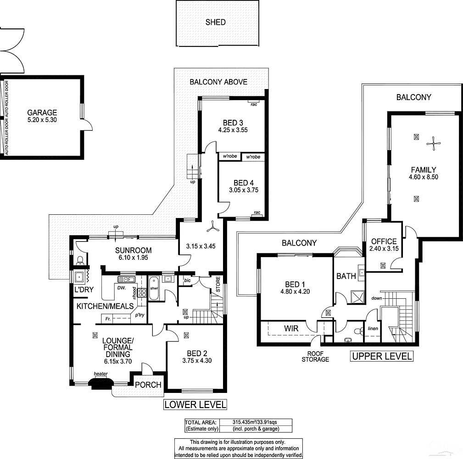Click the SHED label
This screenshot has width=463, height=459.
[x=215, y=22]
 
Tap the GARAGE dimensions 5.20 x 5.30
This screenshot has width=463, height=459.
[x=42, y=120]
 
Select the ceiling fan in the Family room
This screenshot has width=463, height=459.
[x=433, y=144]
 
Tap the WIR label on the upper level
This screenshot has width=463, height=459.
[x=291, y=329]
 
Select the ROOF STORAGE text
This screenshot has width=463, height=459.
[x=315, y=356]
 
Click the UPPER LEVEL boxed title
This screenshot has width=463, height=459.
[x=382, y=356]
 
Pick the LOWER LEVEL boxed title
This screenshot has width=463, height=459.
[x=195, y=404]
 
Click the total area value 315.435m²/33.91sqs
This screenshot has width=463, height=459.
[x=250, y=422]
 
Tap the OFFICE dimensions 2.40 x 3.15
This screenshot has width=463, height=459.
[x=384, y=249]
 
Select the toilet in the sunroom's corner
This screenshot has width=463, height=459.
[x=80, y=261]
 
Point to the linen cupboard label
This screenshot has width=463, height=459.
[x=373, y=329]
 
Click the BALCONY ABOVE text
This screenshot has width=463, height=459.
[x=218, y=82]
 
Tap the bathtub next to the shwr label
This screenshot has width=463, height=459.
[x=153, y=288]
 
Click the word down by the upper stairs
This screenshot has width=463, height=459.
[x=377, y=298]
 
